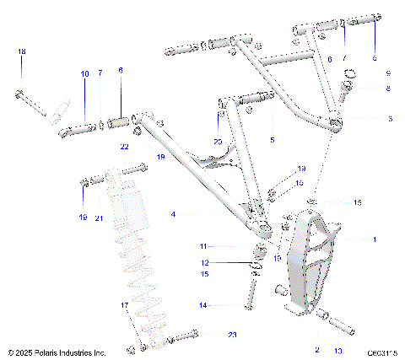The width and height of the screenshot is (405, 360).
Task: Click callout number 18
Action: pos(22,52)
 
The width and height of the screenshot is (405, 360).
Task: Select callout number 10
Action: pos(84,74)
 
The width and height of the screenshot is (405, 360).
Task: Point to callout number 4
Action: pos(173,215)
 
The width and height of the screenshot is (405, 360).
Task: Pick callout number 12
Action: pos(202,263)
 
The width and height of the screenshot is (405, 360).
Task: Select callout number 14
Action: pos(202,304)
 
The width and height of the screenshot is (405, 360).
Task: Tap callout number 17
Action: pos(124,304)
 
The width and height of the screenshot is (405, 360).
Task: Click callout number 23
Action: pos(232,335)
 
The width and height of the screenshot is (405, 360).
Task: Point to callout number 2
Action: pos(316,348)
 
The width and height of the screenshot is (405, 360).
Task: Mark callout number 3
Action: pos(389,119)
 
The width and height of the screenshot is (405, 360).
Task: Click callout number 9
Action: pos(389,73)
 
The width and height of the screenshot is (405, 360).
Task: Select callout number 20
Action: pos(218,141)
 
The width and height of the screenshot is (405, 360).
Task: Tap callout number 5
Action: pos(272,138)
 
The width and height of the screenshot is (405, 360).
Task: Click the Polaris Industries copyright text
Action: pos(57,352)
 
